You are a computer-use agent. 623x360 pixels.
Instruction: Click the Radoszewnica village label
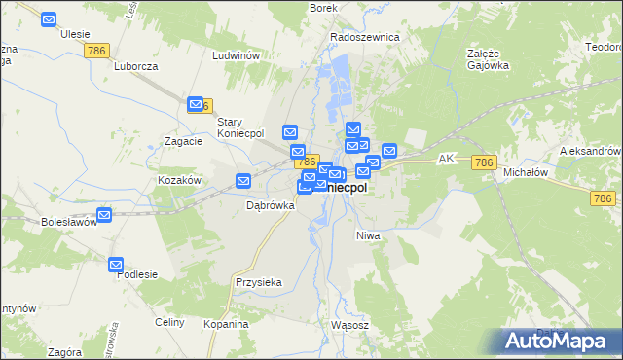click(x=365, y=37)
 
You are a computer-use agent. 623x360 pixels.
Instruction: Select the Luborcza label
click(x=135, y=67)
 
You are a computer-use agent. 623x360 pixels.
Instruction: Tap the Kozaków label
click(x=179, y=181)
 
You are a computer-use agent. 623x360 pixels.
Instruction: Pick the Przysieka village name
click(x=258, y=282)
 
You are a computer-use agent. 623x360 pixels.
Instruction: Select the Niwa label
click(x=367, y=235)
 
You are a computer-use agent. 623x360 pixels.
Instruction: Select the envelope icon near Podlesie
click(x=116, y=264)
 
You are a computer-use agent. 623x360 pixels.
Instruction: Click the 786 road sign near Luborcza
click(x=97, y=50)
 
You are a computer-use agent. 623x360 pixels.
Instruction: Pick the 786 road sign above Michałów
click(x=484, y=162)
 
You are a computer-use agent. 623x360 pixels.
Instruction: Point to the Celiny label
click(x=168, y=322)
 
